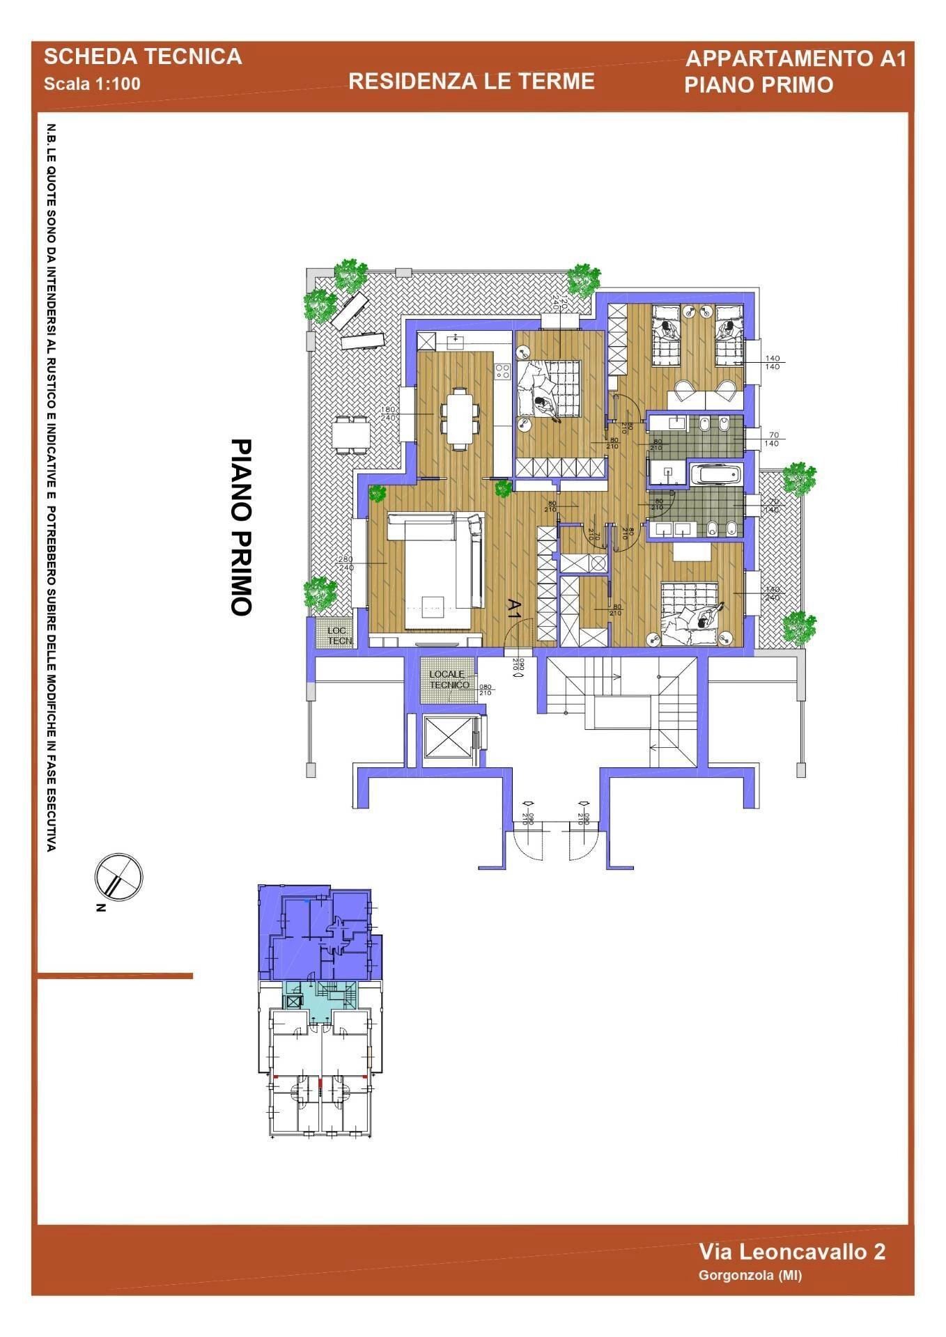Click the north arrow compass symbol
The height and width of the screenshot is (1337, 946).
118,877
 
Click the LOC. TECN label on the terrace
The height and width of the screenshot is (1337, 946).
340,635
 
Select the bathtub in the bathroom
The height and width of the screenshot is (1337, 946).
715,475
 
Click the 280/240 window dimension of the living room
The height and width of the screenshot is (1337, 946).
364,563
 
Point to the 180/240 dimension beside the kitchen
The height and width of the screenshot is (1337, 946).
388,414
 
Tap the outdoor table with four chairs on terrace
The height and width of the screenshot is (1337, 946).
351,434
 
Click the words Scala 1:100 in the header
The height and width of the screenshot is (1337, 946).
92,84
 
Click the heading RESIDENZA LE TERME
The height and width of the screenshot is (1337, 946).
471,81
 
